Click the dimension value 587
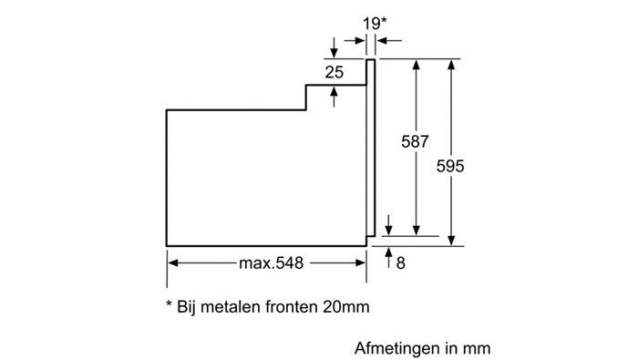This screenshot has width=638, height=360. tap(415, 141)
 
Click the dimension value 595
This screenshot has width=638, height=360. tap(450, 167)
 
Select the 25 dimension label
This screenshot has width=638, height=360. tap(334, 72)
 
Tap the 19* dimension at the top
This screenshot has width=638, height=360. tap(375, 24)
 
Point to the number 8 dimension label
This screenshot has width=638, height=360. tap(401, 263)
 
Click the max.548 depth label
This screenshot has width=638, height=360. tap(271, 263)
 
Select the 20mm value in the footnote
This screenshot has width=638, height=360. tap(345, 306)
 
